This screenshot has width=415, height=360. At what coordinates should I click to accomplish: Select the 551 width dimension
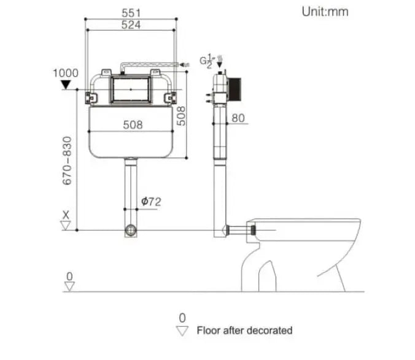[131, 13]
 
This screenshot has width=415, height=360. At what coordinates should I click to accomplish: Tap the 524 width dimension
[131, 25]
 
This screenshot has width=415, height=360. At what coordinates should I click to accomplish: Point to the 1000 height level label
[66, 73]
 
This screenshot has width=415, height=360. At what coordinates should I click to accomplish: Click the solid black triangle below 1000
[66, 84]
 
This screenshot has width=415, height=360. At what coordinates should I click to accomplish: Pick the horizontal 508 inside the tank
[131, 124]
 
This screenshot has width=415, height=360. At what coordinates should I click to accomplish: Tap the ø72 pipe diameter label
[150, 201]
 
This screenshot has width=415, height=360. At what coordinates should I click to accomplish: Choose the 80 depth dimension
[238, 118]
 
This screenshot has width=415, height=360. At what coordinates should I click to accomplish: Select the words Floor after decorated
[244, 331]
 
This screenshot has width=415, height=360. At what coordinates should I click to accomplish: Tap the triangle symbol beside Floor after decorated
[182, 331]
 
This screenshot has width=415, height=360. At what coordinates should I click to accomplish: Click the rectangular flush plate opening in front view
[131, 90]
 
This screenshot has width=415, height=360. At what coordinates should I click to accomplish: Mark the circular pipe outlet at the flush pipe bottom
[131, 231]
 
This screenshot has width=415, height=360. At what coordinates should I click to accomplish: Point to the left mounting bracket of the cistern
[93, 96]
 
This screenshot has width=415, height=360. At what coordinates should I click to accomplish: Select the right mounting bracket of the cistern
[170, 96]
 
